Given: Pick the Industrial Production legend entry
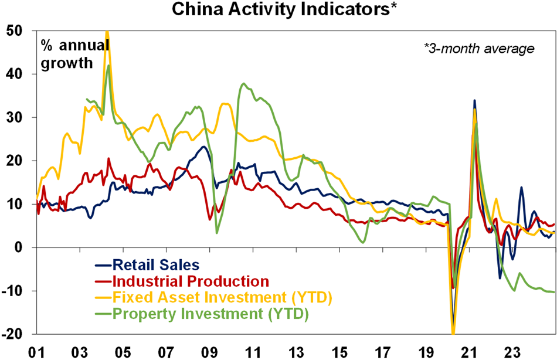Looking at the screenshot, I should click(191, 281).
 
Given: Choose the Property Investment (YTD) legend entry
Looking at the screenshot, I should click(210, 314).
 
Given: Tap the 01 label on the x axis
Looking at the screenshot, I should click(37, 351).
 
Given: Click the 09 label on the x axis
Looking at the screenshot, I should click(209, 351).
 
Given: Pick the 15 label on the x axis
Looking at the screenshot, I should click(339, 351).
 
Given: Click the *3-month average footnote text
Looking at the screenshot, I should click(479, 49).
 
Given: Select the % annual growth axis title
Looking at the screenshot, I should click(74, 55).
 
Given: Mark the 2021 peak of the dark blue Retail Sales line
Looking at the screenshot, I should click(474, 100).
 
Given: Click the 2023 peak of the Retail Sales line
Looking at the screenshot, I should click(521, 188).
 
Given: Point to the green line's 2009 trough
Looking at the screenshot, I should click(217, 233).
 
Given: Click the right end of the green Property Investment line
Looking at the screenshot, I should click(554, 292).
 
